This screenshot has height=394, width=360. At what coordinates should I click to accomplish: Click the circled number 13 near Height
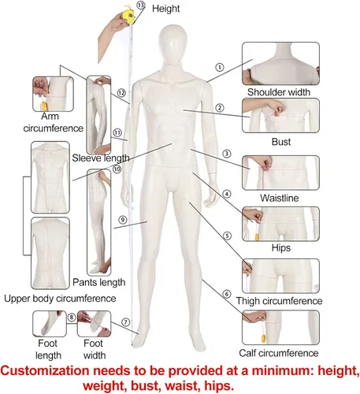click(x=141, y=5)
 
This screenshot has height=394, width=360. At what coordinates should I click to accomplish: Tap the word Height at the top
click(x=165, y=9)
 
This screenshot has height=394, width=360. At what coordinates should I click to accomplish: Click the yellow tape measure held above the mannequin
click(x=128, y=17)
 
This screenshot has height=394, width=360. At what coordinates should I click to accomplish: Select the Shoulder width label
click(x=279, y=92)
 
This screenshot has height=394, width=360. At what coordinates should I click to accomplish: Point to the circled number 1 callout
click(x=220, y=67)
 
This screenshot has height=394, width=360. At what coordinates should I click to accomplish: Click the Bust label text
click(x=281, y=142)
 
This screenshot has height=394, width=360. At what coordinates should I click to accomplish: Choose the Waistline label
click(x=280, y=198)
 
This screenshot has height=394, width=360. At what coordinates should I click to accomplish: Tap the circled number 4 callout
click(x=227, y=194)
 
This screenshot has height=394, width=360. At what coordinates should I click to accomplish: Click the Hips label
click(x=281, y=247)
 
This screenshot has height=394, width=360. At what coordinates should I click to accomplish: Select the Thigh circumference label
click(x=279, y=301)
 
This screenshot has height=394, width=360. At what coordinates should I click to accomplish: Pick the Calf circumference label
click(x=278, y=353)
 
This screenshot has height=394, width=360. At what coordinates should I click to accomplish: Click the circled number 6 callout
click(x=227, y=294)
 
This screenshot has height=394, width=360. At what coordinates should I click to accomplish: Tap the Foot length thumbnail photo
click(x=50, y=324)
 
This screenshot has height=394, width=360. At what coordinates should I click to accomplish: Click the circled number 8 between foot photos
click(x=72, y=318)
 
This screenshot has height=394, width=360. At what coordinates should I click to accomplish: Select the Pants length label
click(x=99, y=282)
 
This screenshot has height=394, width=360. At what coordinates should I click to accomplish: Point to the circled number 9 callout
click(x=123, y=220)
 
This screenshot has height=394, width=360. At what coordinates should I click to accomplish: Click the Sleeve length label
click(x=101, y=158)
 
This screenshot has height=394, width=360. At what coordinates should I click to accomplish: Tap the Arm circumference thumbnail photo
click(x=53, y=94)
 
